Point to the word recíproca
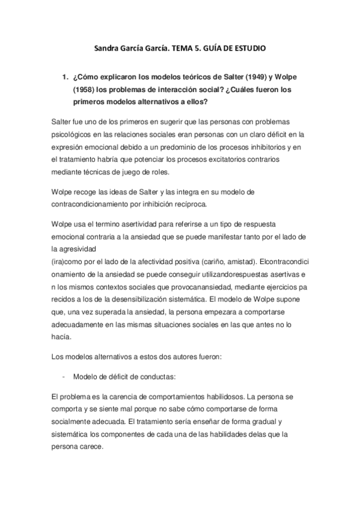click(188, 204)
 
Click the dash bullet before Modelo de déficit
click(63, 376)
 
